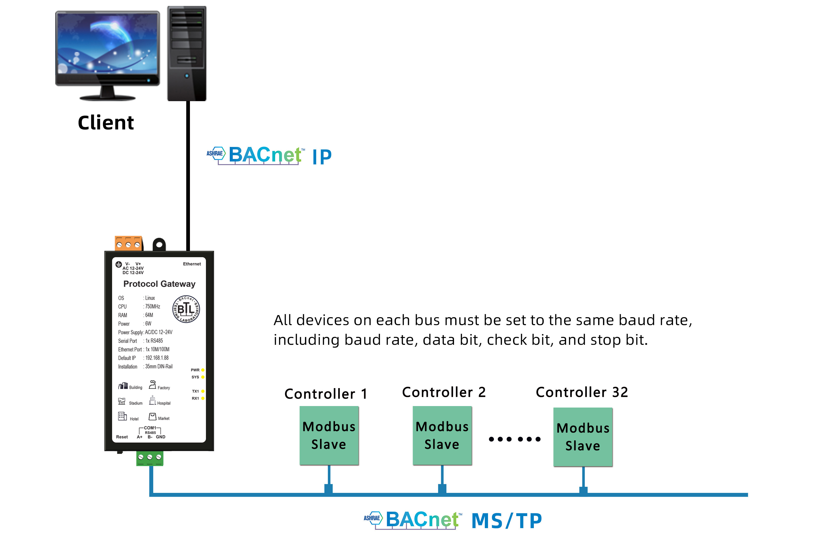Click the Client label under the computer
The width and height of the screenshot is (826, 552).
[x=106, y=123]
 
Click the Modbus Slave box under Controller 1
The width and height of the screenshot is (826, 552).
[x=329, y=436]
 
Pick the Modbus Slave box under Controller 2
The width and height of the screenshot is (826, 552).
[x=442, y=436]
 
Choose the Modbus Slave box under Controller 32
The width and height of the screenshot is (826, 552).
[x=583, y=437]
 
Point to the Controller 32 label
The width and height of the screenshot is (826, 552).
[x=582, y=392]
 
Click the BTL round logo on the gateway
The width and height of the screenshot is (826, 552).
[x=186, y=309]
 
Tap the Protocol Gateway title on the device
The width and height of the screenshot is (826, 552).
[x=159, y=284]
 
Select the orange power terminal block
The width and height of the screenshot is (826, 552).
[x=129, y=243]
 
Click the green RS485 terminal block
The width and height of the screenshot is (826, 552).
[x=150, y=458]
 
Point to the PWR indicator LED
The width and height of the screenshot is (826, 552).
[x=203, y=370]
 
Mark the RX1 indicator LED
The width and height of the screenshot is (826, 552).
[x=203, y=398]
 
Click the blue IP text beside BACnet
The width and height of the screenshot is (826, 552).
[x=322, y=157]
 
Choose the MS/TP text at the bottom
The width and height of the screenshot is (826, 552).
[x=506, y=521]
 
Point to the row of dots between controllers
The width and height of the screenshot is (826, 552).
[x=514, y=439]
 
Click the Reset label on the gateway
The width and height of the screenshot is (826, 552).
[x=122, y=437]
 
